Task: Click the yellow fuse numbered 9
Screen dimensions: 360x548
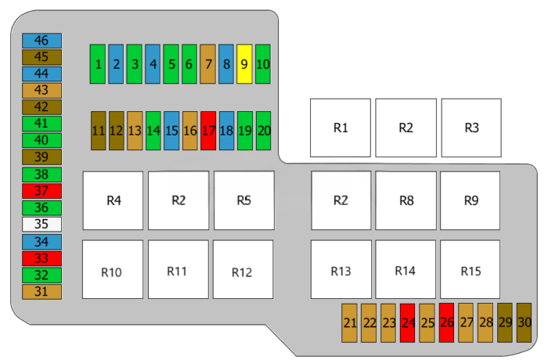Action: coord(244,64)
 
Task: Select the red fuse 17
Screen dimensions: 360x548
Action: coord(208,131)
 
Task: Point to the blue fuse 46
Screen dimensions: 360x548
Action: coord(41,41)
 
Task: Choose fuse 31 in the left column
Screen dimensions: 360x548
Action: coord(41,292)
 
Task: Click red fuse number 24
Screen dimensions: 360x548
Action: coord(407,322)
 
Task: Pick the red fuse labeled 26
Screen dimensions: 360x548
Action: coord(446,322)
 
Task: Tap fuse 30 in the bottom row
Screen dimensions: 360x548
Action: coord(524,322)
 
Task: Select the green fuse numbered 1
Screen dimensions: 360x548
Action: coord(98,64)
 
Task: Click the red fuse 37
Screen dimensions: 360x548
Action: coord(41,191)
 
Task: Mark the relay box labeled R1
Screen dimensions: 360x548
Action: coord(340,128)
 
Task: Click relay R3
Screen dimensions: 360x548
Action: coord(470,128)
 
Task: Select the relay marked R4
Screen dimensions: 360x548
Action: coord(114,200)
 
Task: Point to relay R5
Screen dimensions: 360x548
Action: coord(243,200)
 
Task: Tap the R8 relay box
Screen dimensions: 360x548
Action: coord(406,200)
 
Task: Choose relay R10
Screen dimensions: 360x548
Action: coord(113,269)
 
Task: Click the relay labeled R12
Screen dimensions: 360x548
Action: coord(243,269)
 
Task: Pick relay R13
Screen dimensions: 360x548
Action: coord(341,269)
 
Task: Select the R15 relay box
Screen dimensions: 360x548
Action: coord(470,269)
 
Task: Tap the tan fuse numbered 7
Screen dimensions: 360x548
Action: coord(207,64)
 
